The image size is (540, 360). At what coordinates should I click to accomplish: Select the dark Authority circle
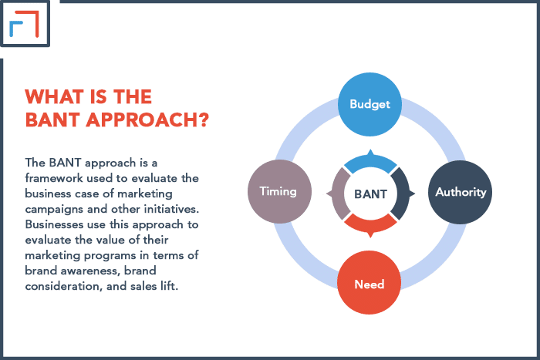[461, 191]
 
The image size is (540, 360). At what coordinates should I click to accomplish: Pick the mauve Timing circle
[278, 191]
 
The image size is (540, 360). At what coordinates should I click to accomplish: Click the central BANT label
[370, 193]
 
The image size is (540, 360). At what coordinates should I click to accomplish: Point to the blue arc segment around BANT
[370, 161]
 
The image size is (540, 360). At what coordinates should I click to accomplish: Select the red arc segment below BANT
[370, 224]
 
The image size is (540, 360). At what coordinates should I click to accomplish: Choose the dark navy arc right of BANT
[401, 193]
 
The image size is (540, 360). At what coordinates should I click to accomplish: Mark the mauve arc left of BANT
[338, 193]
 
